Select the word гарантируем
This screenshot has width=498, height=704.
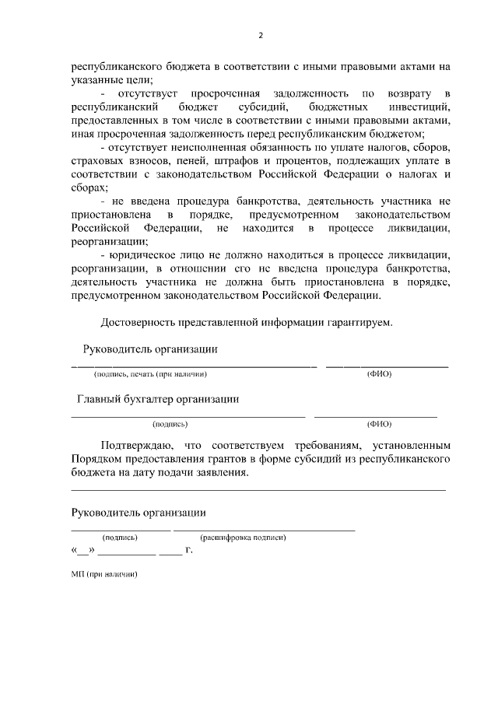pos(355,323)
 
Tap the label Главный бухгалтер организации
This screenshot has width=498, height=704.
pos(158,399)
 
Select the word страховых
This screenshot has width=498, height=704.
pos(95,160)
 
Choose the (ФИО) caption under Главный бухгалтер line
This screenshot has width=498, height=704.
pos(379,424)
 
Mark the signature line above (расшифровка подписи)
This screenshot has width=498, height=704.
pos(264,530)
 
